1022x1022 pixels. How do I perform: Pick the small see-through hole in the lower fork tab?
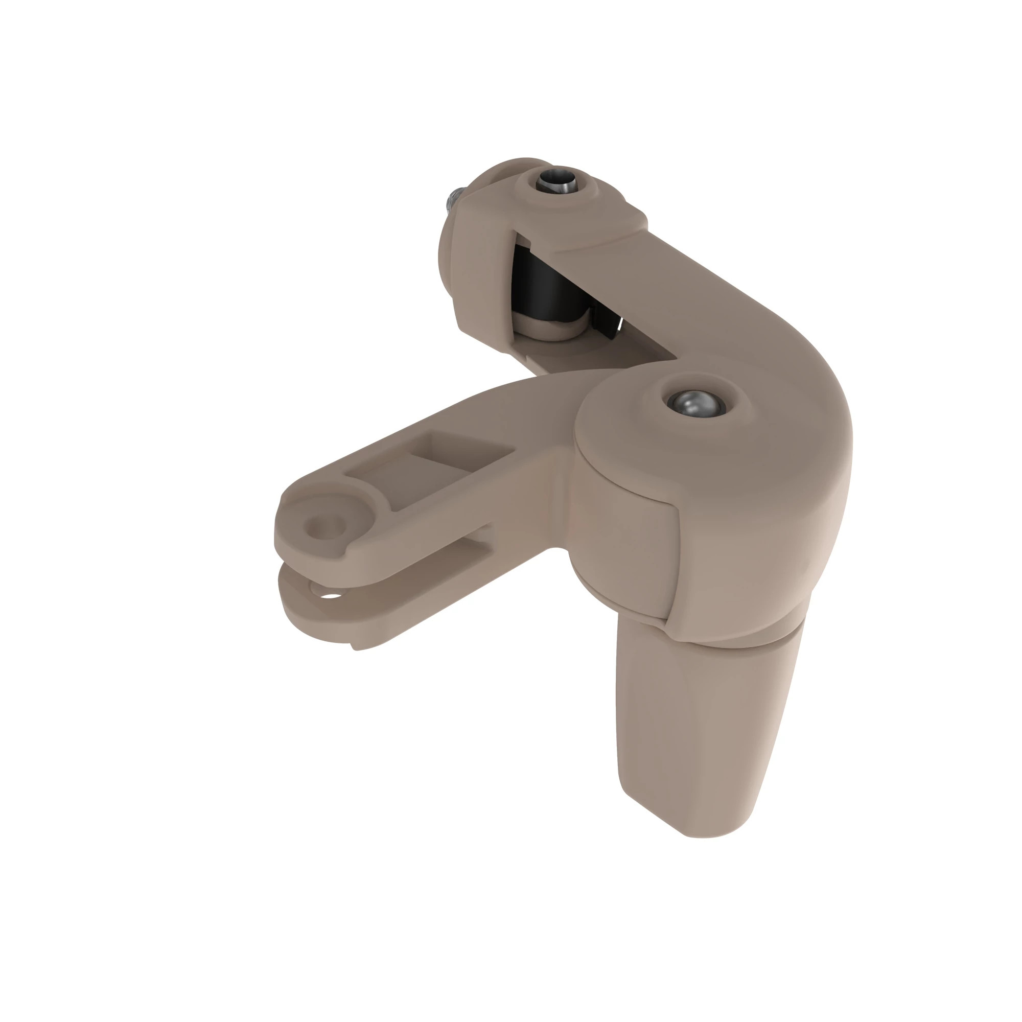(332, 596)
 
